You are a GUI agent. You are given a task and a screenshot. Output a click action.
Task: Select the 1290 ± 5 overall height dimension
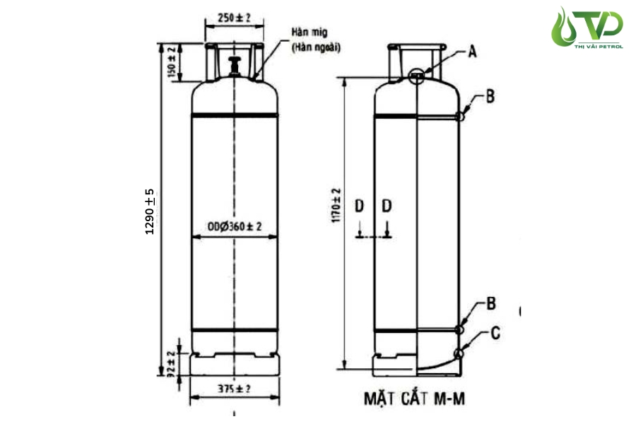tap(150, 212)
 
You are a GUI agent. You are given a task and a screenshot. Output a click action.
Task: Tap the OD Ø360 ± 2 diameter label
tap(235, 227)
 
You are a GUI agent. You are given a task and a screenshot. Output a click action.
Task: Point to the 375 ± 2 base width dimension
tap(234, 389)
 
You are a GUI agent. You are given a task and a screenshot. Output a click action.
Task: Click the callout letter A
tap(473, 51)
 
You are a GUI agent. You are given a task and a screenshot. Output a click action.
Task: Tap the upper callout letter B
tap(490, 98)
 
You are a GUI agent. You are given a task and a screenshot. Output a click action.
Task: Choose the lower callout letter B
tap(491, 305)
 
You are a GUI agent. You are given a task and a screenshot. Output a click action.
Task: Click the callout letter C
tap(495, 332)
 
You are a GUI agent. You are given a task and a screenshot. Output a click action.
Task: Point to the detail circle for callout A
tap(418, 76)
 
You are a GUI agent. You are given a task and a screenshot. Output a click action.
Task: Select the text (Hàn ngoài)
tap(316, 47)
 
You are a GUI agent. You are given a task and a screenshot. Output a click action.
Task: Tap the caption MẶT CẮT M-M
tap(414, 399)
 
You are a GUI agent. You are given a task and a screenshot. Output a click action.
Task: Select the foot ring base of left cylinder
tap(234, 364)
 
